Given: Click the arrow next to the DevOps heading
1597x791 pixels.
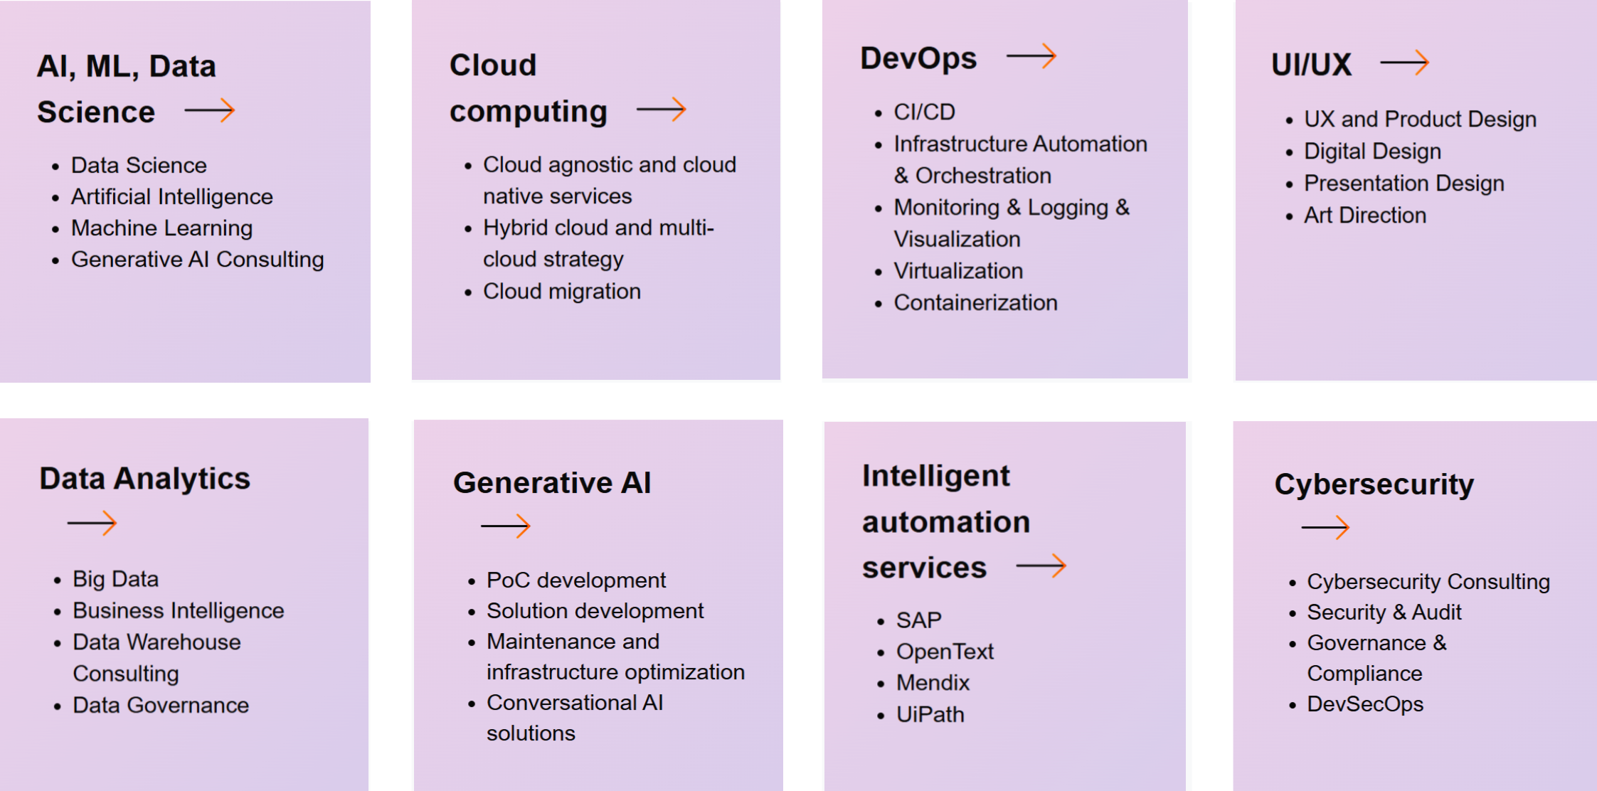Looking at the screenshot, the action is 1031,56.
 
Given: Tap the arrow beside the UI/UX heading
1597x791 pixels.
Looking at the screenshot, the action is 1404,63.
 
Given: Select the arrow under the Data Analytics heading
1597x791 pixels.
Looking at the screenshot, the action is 92,524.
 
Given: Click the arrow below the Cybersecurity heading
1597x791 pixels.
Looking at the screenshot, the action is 1325,527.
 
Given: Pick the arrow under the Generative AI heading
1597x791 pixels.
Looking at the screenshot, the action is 506,526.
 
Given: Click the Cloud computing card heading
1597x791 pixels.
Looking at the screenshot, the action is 529,88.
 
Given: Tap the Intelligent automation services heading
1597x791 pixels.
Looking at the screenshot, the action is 946,521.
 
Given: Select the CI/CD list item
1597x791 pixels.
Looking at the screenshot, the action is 924,112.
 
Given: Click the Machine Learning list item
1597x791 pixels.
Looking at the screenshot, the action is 162,228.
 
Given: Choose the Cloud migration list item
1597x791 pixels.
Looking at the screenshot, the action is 562,291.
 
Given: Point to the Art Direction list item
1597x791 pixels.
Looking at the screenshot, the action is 1365,215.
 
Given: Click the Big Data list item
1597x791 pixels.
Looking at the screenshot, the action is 116,579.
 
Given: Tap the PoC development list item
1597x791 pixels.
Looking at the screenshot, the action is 576,580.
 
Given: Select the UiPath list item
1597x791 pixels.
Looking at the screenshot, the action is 930,714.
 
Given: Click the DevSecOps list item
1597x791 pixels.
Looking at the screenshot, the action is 1365,704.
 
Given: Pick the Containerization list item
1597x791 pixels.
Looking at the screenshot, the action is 975,303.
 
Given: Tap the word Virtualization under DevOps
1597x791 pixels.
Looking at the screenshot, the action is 958,271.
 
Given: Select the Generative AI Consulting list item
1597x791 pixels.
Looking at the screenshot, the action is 198,260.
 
